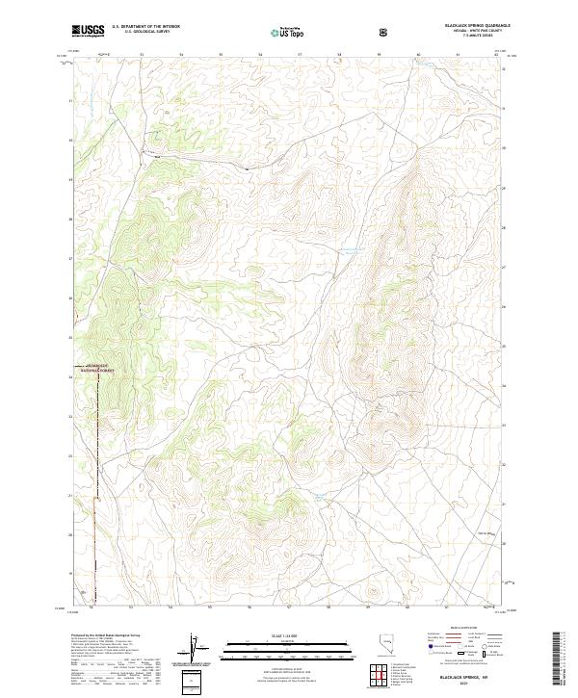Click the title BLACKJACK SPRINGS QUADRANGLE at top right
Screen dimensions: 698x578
coord(469,26)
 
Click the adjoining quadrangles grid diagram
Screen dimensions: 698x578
coord(379,673)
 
